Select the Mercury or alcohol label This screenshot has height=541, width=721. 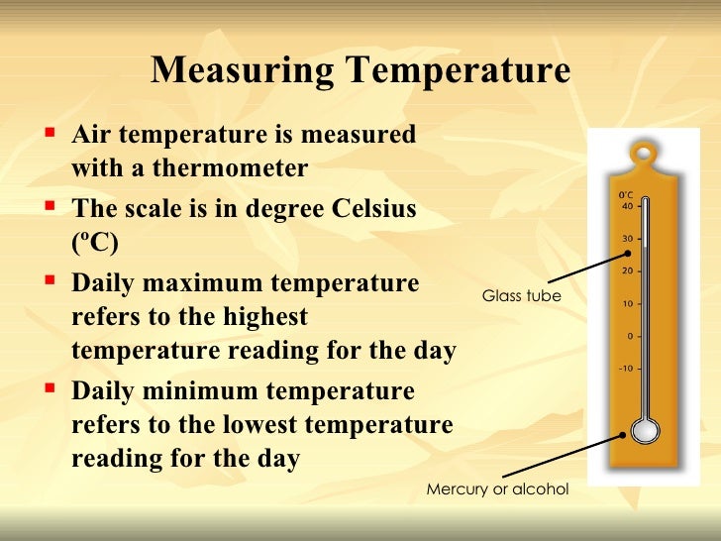[498, 489]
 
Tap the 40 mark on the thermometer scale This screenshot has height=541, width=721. [627, 207]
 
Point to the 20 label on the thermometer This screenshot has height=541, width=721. [627, 270]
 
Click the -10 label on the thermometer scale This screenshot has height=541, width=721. [625, 369]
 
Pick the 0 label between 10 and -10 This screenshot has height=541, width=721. [630, 336]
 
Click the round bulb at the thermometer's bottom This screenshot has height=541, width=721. [645, 432]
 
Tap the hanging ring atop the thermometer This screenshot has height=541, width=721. [645, 155]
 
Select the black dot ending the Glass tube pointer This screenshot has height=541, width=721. [627, 252]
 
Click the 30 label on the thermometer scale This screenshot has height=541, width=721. [627, 239]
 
